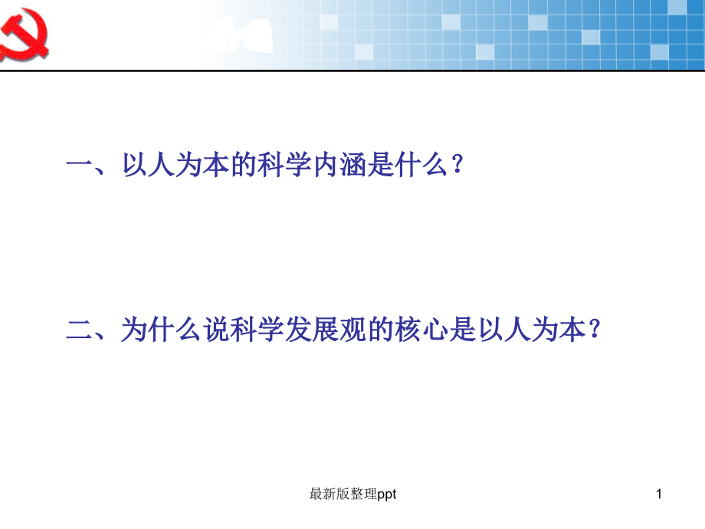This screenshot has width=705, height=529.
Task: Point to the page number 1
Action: click(657, 495)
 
